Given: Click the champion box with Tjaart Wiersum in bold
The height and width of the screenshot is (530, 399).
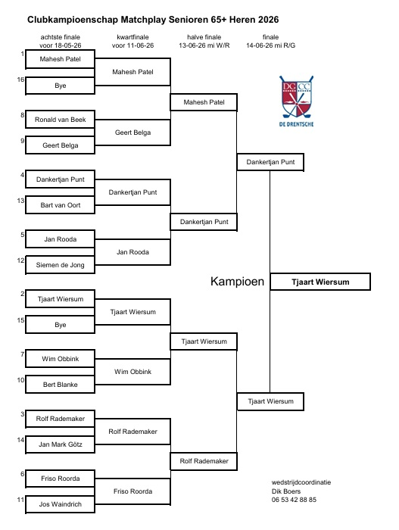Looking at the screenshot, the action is pyautogui.click(x=320, y=282).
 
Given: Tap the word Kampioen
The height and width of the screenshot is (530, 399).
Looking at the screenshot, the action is pyautogui.click(x=237, y=281).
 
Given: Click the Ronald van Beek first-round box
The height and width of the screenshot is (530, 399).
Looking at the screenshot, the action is pyautogui.click(x=60, y=120).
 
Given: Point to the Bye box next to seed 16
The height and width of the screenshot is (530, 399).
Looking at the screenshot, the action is pyautogui.click(x=60, y=86).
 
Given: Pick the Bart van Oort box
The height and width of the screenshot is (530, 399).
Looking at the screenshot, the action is pyautogui.click(x=60, y=205).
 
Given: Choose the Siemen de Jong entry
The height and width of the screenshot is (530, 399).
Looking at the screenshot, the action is pyautogui.click(x=60, y=265).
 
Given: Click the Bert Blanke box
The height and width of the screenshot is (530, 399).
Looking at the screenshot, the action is pyautogui.click(x=60, y=385).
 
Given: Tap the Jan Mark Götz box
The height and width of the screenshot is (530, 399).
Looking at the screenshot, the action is pyautogui.click(x=60, y=444).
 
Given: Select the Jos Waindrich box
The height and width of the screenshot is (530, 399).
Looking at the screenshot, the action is pyautogui.click(x=60, y=504).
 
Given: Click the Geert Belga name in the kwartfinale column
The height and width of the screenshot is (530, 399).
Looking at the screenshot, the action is pyautogui.click(x=132, y=132).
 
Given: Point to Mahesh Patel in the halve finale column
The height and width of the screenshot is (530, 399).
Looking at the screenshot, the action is pyautogui.click(x=204, y=102).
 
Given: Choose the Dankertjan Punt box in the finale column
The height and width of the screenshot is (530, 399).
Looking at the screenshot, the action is pyautogui.click(x=270, y=162).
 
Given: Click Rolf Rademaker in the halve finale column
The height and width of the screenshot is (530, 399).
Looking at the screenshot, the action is pyautogui.click(x=204, y=461).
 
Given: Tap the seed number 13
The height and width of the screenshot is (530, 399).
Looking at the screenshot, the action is pyautogui.click(x=20, y=201).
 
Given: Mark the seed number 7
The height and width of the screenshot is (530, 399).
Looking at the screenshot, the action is pyautogui.click(x=22, y=354).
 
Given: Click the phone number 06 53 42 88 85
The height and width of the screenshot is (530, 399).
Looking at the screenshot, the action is pyautogui.click(x=294, y=500).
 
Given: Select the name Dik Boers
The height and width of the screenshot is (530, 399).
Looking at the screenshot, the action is pyautogui.click(x=286, y=491).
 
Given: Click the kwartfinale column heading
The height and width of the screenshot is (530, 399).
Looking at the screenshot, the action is pyautogui.click(x=133, y=37).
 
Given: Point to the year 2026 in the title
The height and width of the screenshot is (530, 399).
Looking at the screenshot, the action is pyautogui.click(x=269, y=20).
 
